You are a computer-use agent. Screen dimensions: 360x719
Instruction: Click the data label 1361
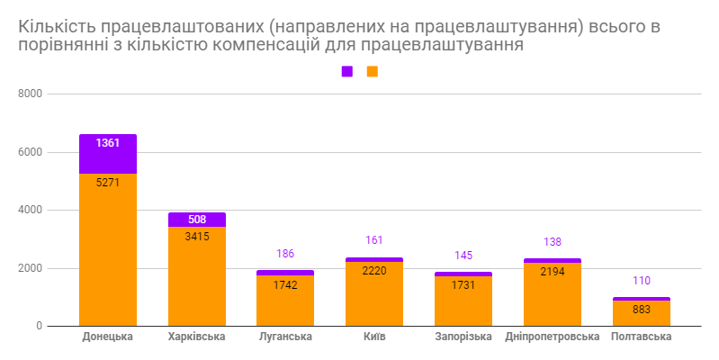coord(108,142)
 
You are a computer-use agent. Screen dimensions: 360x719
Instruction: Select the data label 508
coord(197,219)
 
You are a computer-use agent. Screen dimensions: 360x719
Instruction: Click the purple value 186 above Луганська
coord(285,254)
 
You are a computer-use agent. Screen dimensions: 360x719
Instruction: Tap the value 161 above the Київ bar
coord(374,241)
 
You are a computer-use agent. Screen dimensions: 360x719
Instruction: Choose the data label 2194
coord(553,271)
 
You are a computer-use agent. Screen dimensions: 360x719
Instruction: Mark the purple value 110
coord(642,281)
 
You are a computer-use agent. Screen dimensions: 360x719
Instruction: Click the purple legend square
coord(347,71)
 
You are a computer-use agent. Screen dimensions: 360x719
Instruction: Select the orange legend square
coord(373,71)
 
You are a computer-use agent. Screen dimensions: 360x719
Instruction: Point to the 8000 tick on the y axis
coord(31,94)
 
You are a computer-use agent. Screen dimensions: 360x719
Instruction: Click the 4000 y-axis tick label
coord(31,210)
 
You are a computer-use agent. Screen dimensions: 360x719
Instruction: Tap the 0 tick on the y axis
coord(40,326)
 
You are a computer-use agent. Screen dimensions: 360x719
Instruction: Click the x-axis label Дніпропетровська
coord(553,337)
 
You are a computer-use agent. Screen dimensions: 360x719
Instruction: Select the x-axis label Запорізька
coord(463,337)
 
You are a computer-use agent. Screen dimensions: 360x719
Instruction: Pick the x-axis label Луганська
coord(285,337)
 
